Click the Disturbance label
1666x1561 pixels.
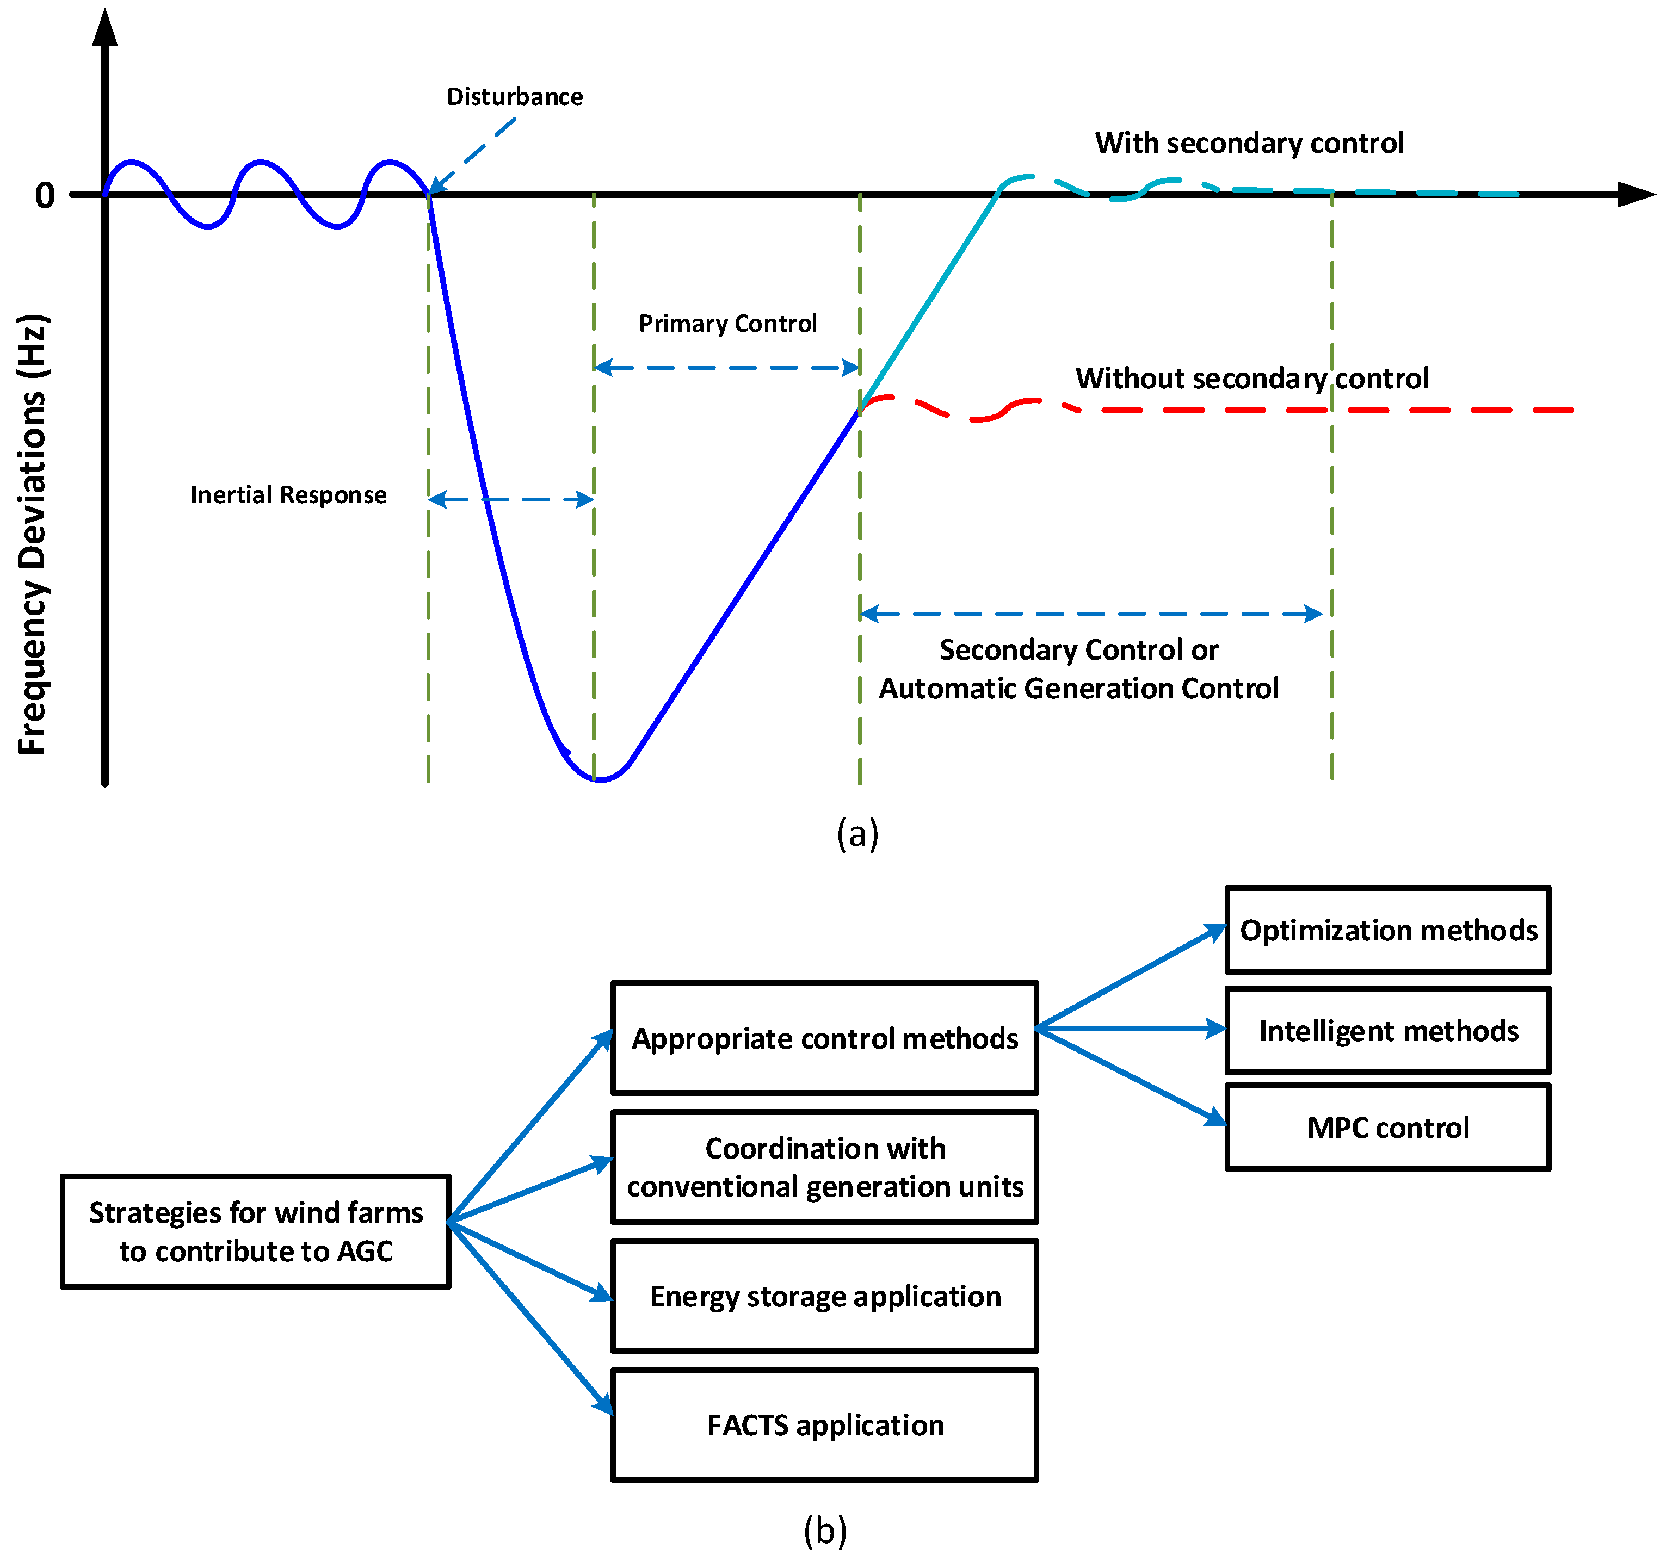pyautogui.click(x=515, y=97)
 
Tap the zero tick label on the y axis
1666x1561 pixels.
pyautogui.click(x=45, y=196)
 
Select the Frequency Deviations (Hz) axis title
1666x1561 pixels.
pyautogui.click(x=34, y=535)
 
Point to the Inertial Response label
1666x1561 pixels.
pyautogui.click(x=288, y=495)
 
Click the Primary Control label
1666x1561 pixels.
pyautogui.click(x=727, y=324)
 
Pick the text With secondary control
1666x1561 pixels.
pyautogui.click(x=1249, y=143)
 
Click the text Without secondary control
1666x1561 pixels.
pyautogui.click(x=1252, y=379)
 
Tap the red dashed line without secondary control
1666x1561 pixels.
pyautogui.click(x=1341, y=411)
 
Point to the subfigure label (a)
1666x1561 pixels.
pyautogui.click(x=857, y=834)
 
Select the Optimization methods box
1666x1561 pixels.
pyautogui.click(x=1388, y=930)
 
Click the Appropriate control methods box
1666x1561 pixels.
pyautogui.click(x=825, y=1038)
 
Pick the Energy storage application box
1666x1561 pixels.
pyautogui.click(x=825, y=1296)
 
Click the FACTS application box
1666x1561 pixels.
pyautogui.click(x=825, y=1425)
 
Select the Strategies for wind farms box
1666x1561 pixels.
pyautogui.click(x=256, y=1232)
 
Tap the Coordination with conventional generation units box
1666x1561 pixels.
pyautogui.click(x=825, y=1167)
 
